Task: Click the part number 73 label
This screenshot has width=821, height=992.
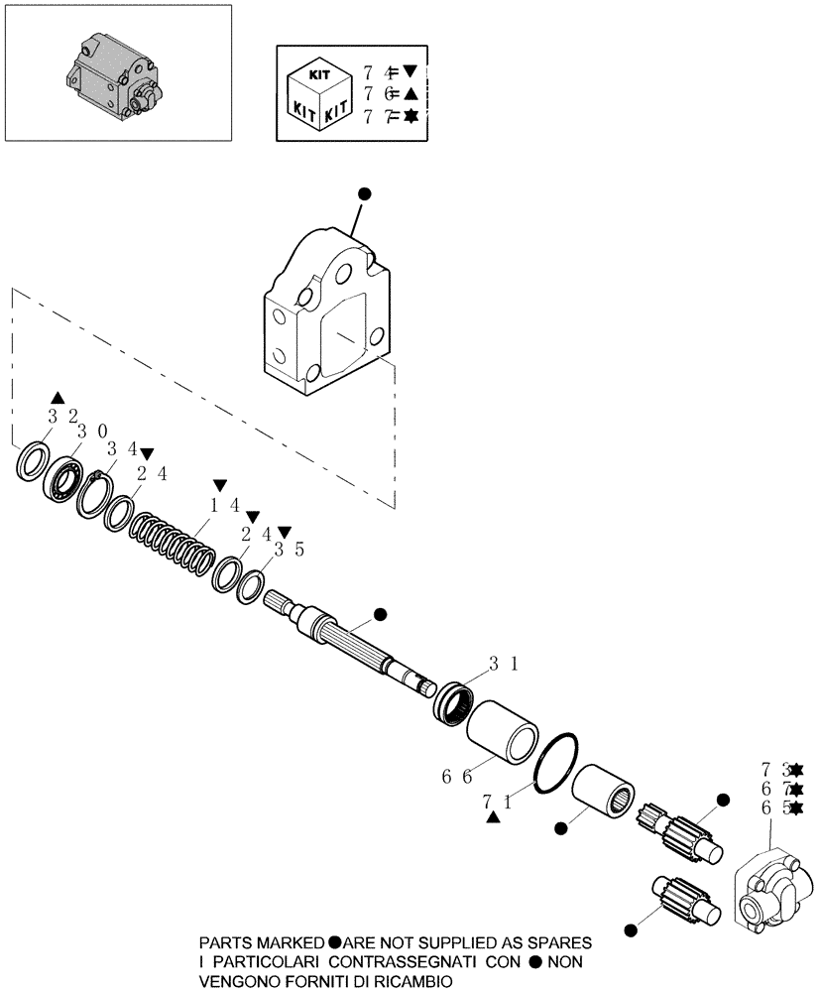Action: pyautogui.click(x=774, y=770)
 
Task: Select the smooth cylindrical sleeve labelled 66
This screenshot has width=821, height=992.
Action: pyautogui.click(x=503, y=731)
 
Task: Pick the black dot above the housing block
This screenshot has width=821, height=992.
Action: pyautogui.click(x=364, y=194)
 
